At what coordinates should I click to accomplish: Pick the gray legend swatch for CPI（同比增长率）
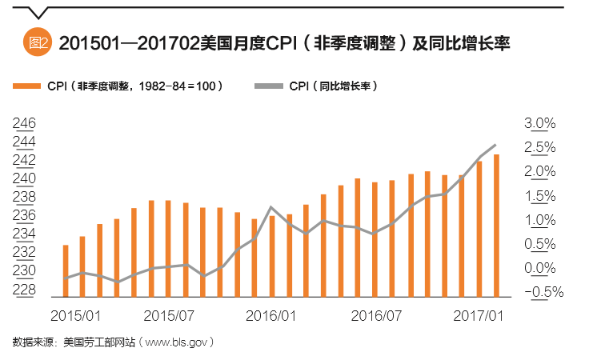coord(268,86)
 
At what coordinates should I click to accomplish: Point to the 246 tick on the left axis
coord(24,123)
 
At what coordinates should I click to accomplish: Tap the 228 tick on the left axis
coord(24,290)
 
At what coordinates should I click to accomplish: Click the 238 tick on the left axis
coord(24,197)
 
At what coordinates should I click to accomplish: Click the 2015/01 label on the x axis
coord(75,316)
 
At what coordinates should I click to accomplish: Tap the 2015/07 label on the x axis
coord(170,316)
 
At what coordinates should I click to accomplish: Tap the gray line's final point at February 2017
coord(496,145)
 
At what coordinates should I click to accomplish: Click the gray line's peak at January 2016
coord(272,207)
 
